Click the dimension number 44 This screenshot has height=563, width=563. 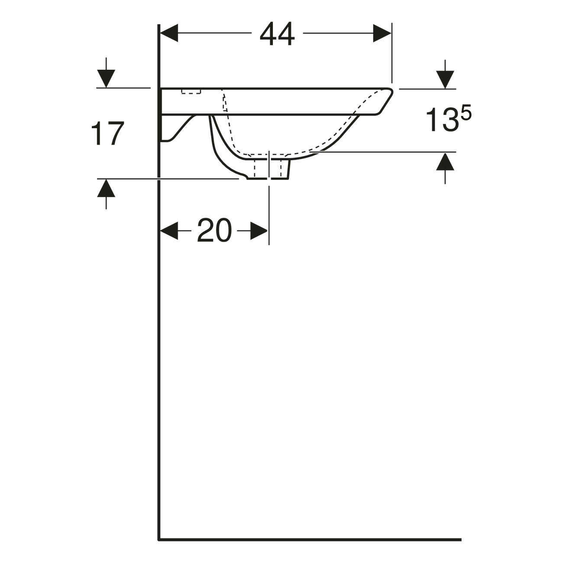[277, 34]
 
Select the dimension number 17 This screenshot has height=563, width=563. [108, 133]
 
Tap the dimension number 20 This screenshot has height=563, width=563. [214, 230]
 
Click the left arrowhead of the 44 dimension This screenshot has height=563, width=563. [169, 33]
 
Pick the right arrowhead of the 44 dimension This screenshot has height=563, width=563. [382, 33]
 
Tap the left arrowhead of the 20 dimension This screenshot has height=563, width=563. [169, 231]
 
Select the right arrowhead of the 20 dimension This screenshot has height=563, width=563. [259, 231]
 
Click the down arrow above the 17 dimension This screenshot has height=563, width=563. [106, 78]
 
